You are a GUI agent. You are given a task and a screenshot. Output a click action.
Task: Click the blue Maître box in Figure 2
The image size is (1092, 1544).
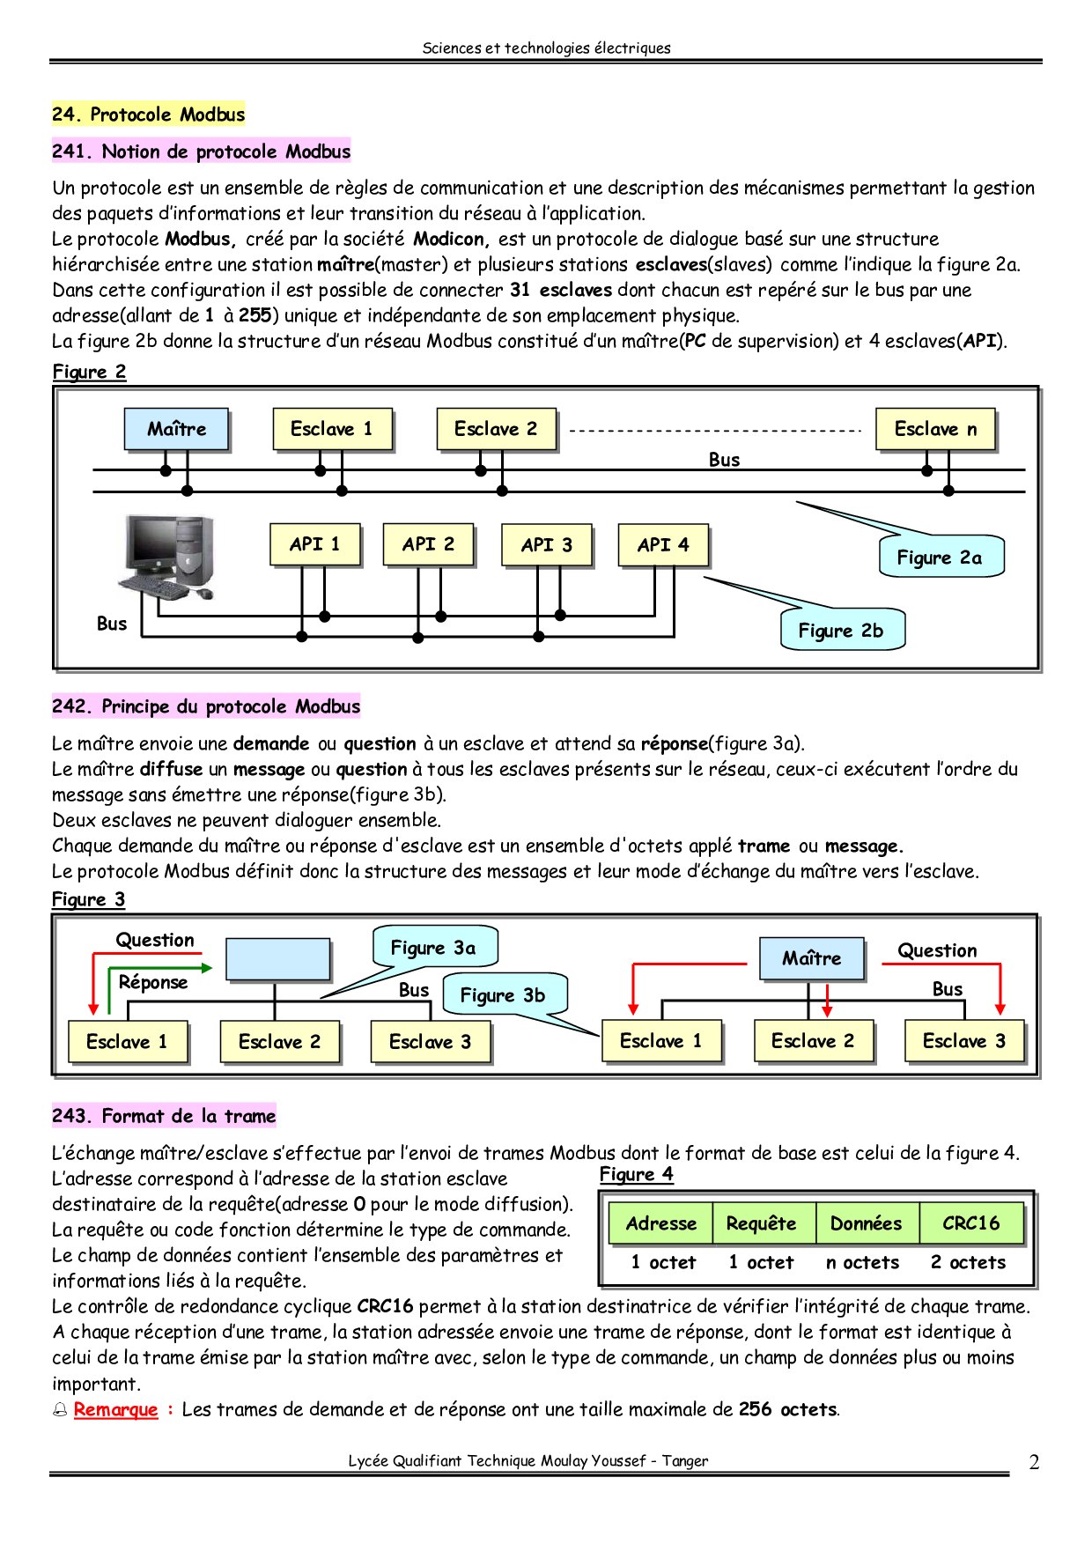coord(176,429)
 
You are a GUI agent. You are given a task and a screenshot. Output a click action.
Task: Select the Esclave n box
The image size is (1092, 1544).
coord(935,429)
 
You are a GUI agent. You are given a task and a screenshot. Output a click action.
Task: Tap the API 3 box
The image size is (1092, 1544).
coord(546,545)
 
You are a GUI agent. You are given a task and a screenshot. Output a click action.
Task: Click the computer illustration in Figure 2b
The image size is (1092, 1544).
coord(167,558)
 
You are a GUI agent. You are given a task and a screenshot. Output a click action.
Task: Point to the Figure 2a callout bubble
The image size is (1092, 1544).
coord(941,557)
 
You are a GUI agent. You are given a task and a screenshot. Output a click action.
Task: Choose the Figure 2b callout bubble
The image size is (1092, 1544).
coord(842,630)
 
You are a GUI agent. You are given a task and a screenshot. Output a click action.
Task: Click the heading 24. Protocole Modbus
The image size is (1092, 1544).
coord(148,114)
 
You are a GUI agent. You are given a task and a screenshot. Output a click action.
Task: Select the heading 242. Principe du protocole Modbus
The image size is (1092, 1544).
coord(206,706)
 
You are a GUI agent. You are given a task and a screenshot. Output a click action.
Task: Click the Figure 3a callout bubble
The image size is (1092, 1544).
coord(435,948)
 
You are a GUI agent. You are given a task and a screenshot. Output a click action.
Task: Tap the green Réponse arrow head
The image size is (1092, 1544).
coord(207,969)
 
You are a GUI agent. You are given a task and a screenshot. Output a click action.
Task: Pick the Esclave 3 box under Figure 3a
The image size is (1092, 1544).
coord(430,1042)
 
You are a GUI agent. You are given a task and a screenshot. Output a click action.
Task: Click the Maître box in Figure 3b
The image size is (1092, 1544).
coord(811,958)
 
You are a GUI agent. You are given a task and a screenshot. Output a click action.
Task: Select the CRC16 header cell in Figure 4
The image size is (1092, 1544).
coord(971,1223)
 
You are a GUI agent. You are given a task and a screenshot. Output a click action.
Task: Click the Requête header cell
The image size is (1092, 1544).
coord(763,1223)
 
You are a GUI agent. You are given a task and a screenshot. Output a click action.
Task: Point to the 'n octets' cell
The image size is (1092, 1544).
coord(863,1262)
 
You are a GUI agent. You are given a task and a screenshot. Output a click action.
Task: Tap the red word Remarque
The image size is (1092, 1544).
coord(115,1409)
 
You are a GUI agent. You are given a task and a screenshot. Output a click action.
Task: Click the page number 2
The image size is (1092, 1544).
coord(1034,1462)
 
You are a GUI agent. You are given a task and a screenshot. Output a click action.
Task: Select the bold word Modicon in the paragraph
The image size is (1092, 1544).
coord(449,239)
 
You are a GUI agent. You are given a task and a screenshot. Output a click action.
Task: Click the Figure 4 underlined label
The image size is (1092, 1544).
coord(637,1174)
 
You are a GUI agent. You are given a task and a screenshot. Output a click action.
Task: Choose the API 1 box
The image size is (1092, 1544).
coord(314,544)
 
